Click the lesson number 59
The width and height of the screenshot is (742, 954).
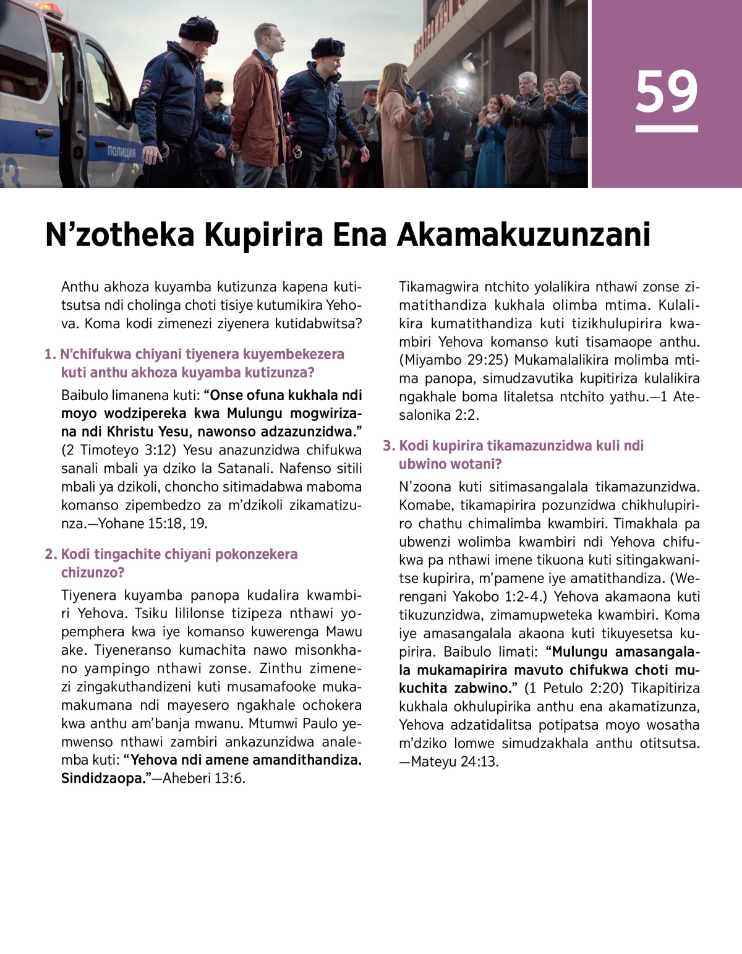pos(667,93)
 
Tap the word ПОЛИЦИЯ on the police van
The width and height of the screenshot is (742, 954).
pos(122,151)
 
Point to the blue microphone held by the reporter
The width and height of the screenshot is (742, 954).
pos(425,101)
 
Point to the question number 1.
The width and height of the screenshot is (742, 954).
pos(49,354)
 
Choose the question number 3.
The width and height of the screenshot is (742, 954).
pos(388,446)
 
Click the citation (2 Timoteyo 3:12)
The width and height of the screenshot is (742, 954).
pos(119,449)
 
